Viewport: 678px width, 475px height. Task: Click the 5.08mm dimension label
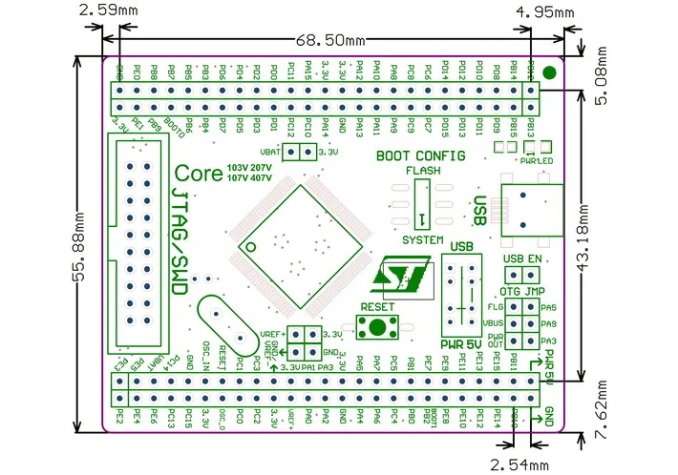[x=603, y=86]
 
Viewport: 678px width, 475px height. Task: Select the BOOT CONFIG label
[x=421, y=155]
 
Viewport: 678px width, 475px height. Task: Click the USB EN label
[x=522, y=258]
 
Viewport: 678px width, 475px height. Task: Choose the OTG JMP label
[x=522, y=291]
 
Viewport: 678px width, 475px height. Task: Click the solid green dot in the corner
[x=550, y=72]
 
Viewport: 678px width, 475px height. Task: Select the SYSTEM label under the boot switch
[x=422, y=238]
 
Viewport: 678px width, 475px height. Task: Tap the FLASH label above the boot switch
[x=421, y=171]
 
